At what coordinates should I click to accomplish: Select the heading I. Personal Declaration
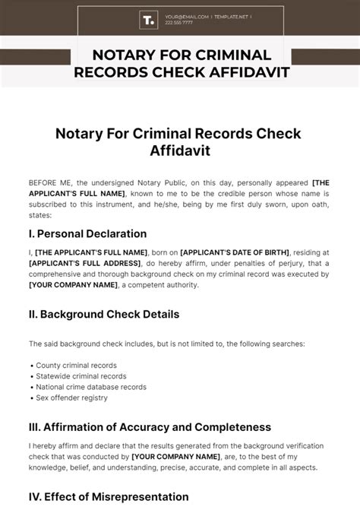87,233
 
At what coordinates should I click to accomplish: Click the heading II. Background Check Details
103,313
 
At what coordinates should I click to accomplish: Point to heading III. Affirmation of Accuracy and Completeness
150,426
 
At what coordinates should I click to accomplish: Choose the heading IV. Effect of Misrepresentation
109,496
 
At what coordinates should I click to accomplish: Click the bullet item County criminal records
69,365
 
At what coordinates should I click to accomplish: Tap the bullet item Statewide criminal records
74,375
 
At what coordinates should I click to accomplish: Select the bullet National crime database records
84,386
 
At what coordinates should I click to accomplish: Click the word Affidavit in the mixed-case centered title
180,150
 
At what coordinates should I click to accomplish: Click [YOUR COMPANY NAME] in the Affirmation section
175,456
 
